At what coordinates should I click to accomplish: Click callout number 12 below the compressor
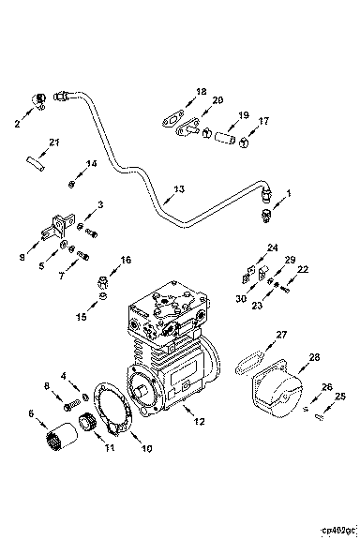coord(200,421)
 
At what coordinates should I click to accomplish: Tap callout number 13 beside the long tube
coord(179,189)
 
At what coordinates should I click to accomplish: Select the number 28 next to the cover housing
coord(314,357)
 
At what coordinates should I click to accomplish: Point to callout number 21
coord(53,142)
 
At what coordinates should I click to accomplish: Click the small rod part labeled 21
coord(36,163)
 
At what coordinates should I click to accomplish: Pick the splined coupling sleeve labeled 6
coord(61,435)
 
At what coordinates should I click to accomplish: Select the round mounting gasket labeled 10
coord(113,411)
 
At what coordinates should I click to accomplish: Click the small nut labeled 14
coord(71,185)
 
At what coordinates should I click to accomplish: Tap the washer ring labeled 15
coord(102,296)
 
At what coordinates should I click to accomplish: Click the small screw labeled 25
coord(319,418)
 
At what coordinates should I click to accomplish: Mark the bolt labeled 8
coord(69,406)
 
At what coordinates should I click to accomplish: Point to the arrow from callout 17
coord(253,132)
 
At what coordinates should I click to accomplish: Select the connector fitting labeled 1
coord(266,216)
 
